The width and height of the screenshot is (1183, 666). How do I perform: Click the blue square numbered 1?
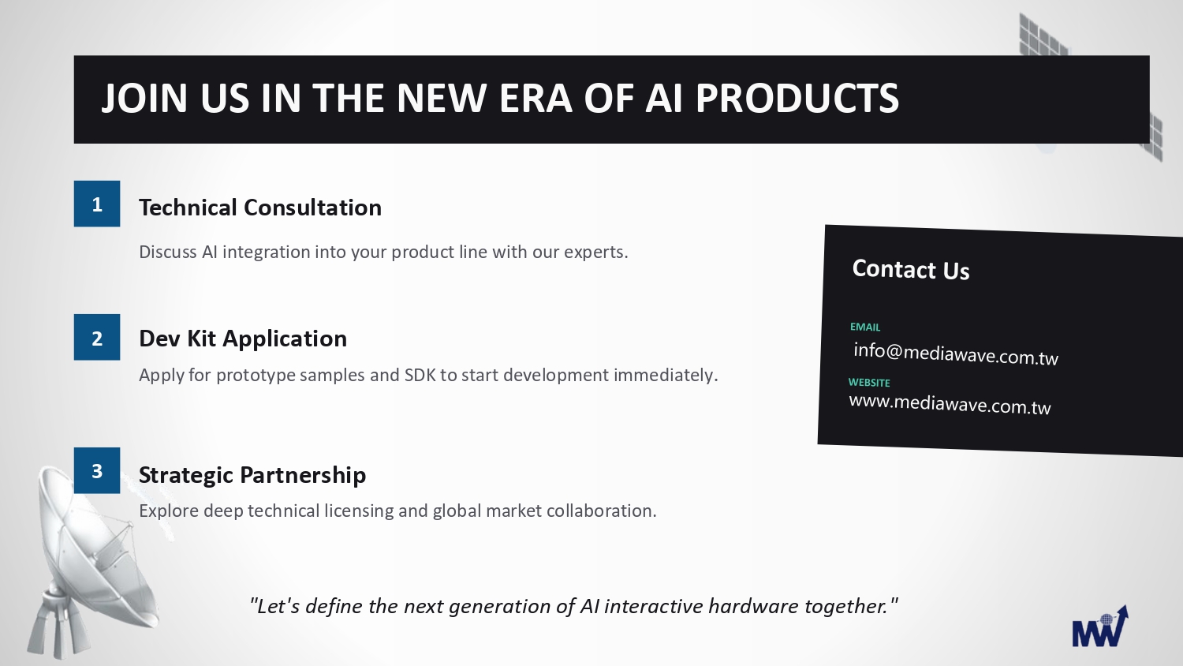97,204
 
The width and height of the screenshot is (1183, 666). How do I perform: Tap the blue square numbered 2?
97,337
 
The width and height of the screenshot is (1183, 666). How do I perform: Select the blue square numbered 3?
97,470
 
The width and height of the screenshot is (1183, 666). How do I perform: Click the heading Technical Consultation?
259,208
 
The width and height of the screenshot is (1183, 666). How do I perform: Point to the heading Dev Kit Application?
243,339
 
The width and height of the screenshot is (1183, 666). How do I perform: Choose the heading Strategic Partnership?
252,475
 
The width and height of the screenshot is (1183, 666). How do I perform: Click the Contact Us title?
911,270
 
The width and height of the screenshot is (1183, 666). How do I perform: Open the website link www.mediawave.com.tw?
950,404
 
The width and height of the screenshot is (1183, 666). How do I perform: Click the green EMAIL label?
865,327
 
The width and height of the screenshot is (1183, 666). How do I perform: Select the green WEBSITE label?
869,382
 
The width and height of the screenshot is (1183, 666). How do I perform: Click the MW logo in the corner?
1100,627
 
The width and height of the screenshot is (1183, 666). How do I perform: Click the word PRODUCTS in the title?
797,98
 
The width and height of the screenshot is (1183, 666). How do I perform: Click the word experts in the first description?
595,253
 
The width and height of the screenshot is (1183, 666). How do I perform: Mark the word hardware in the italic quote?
754,606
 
